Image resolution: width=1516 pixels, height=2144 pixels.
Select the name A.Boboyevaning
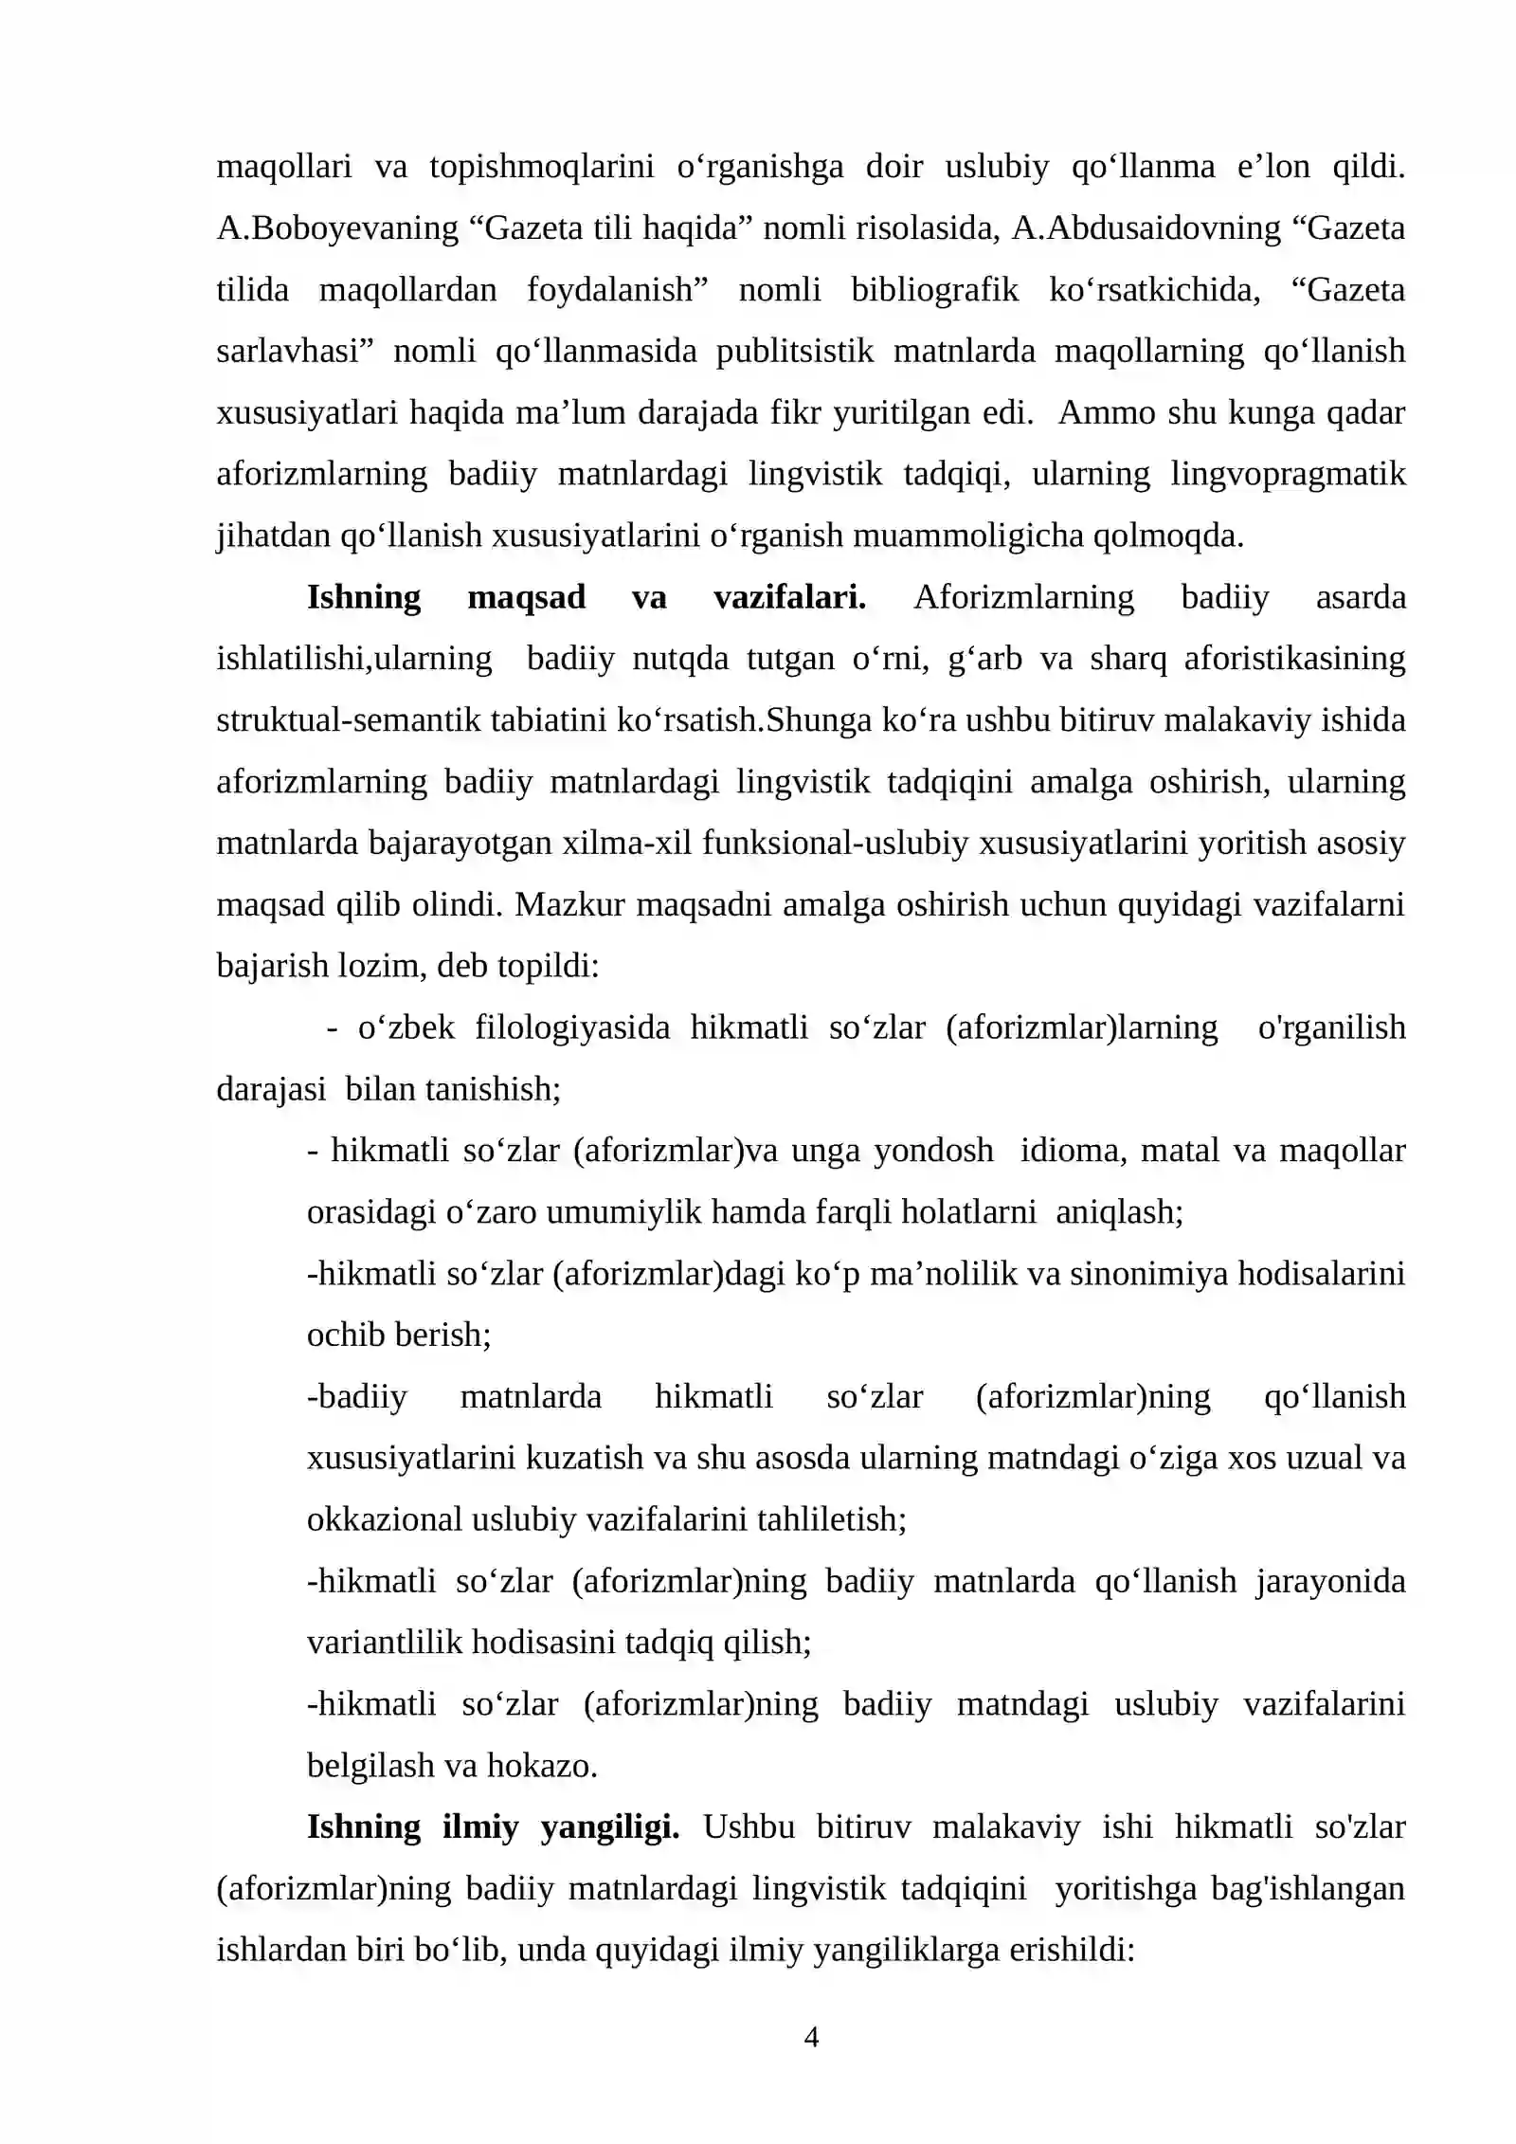coord(337,228)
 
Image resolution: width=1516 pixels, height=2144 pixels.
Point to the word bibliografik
coord(934,290)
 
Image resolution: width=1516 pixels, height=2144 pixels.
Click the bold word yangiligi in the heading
coord(609,1826)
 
